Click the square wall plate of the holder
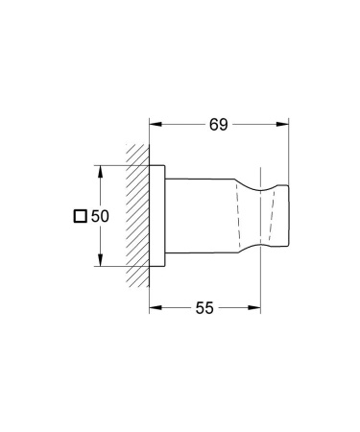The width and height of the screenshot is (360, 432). (160, 216)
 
